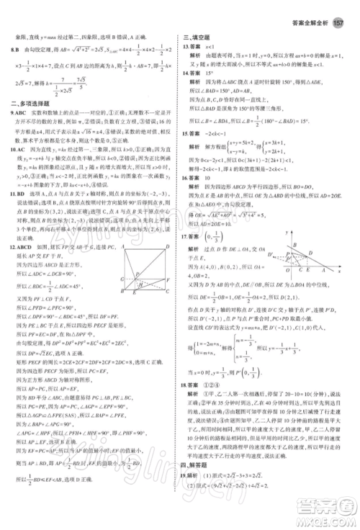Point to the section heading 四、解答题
coord(194,477)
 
